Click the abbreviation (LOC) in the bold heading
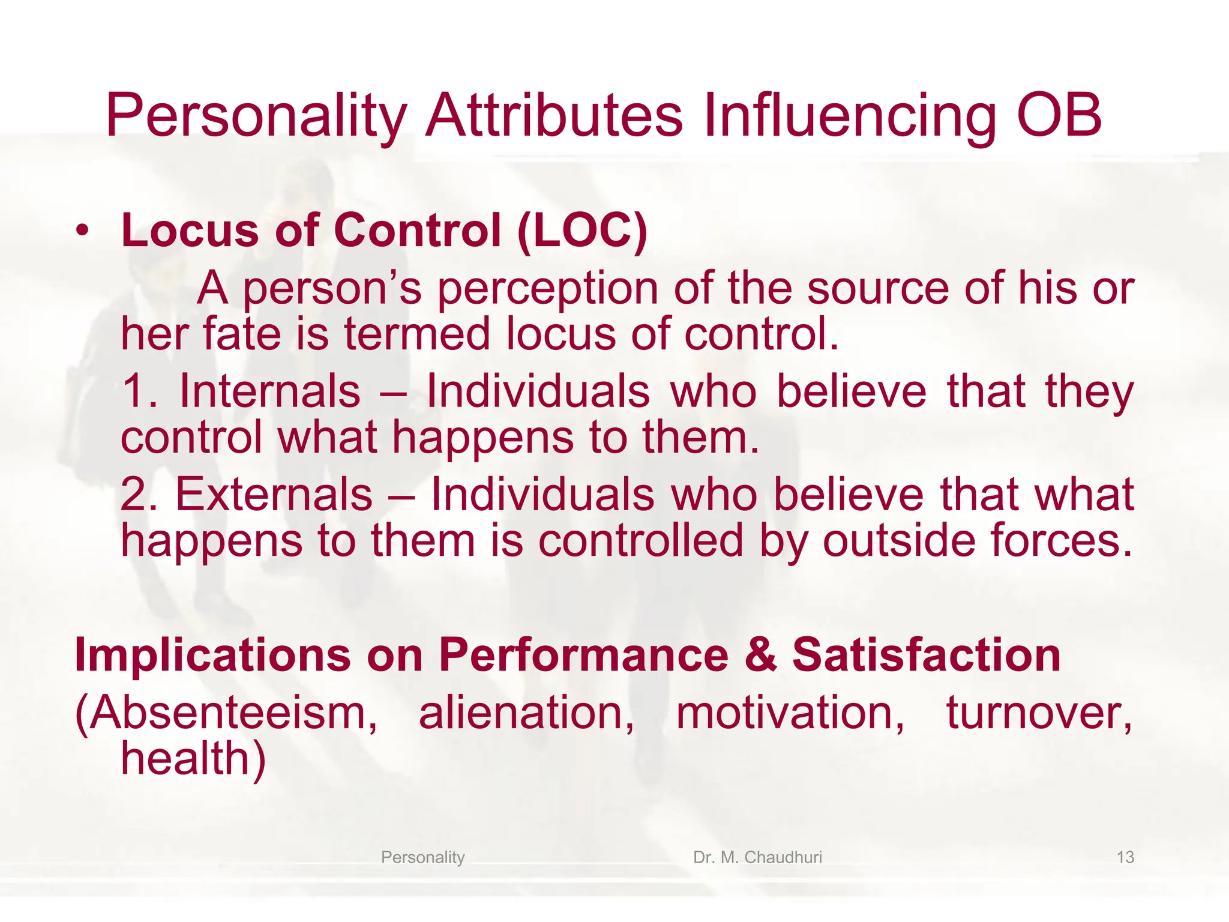point(582,231)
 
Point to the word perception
point(547,289)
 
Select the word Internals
point(270,391)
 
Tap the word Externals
point(274,495)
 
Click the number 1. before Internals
point(139,391)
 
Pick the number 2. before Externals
point(139,495)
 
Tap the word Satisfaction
point(927,654)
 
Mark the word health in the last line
point(186,759)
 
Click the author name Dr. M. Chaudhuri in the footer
point(757,857)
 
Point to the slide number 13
point(1125,857)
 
